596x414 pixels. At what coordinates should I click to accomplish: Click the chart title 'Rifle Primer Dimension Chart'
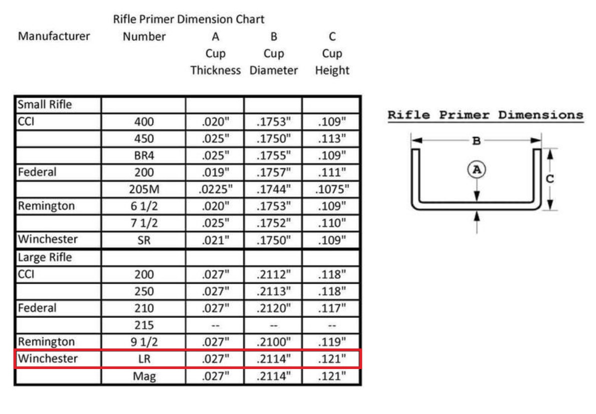[188, 19]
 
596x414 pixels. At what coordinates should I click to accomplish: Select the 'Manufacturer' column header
[54, 36]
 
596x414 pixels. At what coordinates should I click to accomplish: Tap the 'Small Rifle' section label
[44, 104]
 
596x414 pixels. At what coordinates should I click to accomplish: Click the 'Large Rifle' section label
[44, 257]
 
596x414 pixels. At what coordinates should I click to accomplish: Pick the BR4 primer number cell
[144, 155]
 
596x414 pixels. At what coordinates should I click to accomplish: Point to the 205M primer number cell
[144, 189]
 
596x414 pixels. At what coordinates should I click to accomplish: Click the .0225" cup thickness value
[215, 189]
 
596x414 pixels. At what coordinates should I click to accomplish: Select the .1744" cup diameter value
[273, 189]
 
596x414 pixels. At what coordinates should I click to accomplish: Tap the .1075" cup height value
[332, 189]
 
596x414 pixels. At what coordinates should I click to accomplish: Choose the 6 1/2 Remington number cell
[144, 206]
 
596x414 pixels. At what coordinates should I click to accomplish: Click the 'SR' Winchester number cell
[144, 240]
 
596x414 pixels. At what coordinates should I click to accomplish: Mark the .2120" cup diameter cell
[273, 308]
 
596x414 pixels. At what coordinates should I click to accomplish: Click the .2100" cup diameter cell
[273, 342]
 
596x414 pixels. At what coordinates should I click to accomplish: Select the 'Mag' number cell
[144, 376]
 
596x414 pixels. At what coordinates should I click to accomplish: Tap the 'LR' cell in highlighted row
[144, 358]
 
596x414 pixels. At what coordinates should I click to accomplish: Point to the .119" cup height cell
[332, 342]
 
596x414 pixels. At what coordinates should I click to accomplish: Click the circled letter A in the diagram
[476, 169]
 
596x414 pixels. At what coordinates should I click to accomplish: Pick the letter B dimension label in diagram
[476, 141]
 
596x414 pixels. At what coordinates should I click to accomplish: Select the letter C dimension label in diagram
[549, 178]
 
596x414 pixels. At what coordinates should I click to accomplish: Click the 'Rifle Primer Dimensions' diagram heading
[485, 115]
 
